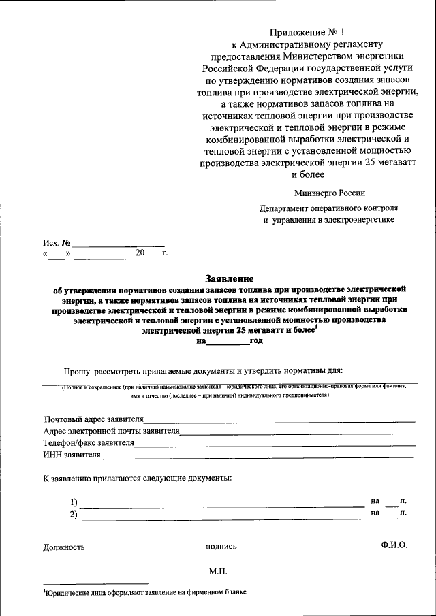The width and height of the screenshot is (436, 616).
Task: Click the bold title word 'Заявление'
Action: point(230,278)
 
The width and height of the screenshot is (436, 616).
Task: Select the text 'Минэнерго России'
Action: point(330,193)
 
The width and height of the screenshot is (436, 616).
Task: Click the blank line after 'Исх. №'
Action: point(119,242)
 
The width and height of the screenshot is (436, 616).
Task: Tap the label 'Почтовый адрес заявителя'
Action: point(94,419)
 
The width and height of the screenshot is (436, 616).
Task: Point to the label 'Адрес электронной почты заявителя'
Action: point(111,431)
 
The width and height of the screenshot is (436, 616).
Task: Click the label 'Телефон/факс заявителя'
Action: point(89,443)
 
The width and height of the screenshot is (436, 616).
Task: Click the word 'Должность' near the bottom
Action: point(64,547)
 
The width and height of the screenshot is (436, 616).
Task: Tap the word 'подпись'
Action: point(221,547)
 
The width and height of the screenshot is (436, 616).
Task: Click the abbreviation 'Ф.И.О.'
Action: point(394,545)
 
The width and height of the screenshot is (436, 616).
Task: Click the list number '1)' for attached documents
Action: point(74,502)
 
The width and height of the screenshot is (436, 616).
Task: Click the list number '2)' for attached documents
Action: point(74,515)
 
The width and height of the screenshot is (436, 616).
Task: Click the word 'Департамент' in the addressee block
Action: point(287,208)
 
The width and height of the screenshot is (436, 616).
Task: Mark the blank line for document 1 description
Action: point(221,504)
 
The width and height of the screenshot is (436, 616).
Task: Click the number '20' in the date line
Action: point(140,253)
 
